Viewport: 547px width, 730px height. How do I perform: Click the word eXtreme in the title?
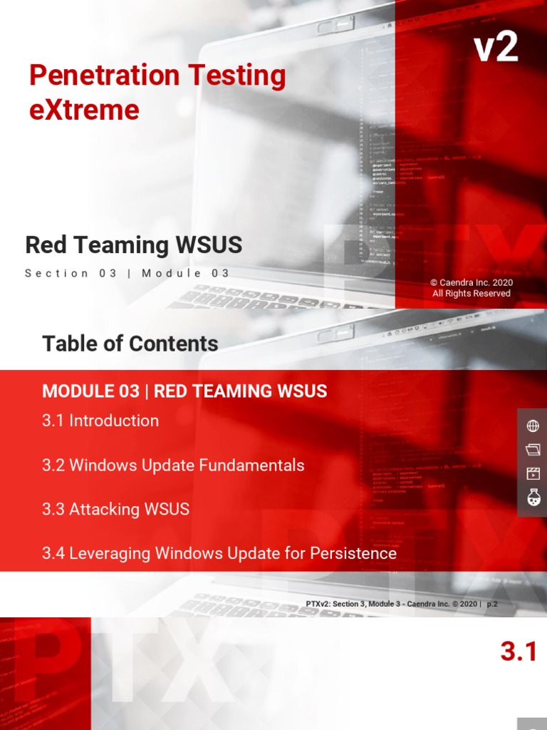tap(84, 110)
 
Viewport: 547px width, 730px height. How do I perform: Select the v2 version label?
tap(496, 48)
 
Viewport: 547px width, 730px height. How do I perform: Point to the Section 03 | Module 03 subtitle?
tap(127, 273)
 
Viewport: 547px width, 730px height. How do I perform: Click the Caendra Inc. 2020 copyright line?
tap(472, 282)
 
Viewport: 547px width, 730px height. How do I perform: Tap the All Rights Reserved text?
tap(472, 293)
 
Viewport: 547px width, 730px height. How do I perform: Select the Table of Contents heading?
tap(130, 344)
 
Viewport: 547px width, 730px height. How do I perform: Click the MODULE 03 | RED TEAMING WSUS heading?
tap(184, 391)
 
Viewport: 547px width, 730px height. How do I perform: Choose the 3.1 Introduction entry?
tap(100, 421)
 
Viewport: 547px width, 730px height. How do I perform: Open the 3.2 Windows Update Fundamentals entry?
tap(173, 465)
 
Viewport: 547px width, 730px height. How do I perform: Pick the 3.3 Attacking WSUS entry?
tap(116, 509)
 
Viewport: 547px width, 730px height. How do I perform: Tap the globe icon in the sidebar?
tap(532, 426)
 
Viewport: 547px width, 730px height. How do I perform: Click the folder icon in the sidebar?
tap(532, 449)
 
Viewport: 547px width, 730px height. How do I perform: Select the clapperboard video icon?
tap(532, 473)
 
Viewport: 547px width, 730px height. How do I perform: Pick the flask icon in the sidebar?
tap(532, 498)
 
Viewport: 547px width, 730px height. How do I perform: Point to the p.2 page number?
tap(492, 604)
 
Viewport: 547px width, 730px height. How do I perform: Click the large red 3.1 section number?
tap(518, 651)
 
